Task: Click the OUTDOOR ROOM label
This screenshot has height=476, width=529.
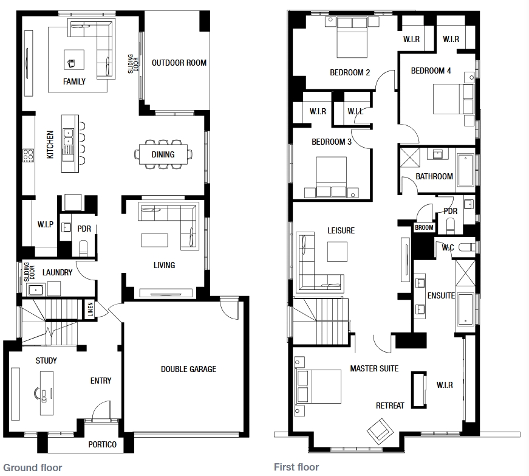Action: tap(179, 63)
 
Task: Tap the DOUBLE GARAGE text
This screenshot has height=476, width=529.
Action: tap(189, 369)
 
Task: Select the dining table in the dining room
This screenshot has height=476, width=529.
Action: tap(163, 154)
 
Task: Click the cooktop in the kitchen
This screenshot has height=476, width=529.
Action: tap(28, 156)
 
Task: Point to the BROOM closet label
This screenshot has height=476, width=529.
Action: tap(424, 227)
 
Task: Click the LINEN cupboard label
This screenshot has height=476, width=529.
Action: tap(90, 309)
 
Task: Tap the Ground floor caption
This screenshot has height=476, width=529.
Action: tap(33, 467)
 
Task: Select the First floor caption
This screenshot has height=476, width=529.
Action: tap(296, 467)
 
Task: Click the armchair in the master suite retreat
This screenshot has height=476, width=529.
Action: tap(380, 431)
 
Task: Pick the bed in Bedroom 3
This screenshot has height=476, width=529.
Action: tap(331, 176)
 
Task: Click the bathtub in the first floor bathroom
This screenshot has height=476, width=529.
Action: tap(466, 170)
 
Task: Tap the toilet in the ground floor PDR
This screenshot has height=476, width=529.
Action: tap(83, 248)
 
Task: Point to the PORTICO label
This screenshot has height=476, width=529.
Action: tap(102, 444)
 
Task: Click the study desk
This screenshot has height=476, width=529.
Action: tap(47, 393)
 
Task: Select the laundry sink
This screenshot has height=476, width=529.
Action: tap(35, 289)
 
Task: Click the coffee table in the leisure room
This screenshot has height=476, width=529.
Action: tap(337, 252)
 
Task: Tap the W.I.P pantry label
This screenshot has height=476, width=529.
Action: tap(45, 224)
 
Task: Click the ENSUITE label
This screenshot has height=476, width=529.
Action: tap(441, 295)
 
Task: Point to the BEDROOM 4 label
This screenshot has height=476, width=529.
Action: tap(431, 71)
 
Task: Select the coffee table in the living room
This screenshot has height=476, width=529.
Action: tap(154, 240)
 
